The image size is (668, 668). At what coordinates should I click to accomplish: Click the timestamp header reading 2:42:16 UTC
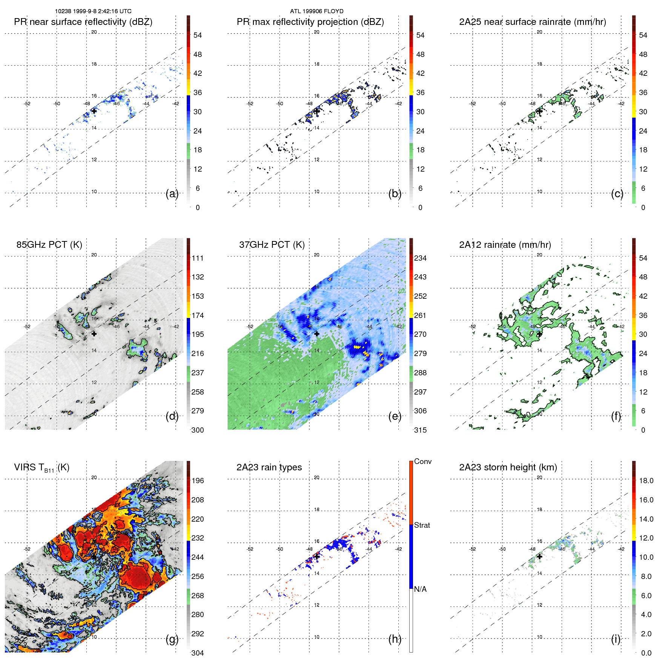tap(93, 11)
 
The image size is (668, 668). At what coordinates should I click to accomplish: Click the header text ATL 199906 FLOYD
tap(316, 11)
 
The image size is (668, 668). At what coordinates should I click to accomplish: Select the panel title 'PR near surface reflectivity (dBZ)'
tap(83, 22)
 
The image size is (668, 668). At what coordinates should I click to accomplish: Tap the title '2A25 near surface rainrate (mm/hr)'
tap(532, 22)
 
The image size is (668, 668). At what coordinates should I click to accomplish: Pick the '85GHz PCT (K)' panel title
tap(49, 245)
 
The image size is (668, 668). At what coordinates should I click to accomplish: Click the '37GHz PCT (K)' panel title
tap(272, 245)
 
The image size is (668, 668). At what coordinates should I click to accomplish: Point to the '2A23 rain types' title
tap(269, 467)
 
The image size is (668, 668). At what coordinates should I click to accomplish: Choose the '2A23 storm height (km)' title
tap(508, 467)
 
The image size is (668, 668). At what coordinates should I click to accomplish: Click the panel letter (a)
tap(172, 194)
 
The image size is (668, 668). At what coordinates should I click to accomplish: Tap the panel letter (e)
tap(395, 416)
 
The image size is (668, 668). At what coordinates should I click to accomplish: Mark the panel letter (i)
tap(616, 639)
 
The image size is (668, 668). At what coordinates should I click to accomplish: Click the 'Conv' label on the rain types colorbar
tap(422, 461)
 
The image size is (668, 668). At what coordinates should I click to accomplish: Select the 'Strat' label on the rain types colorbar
tap(422, 525)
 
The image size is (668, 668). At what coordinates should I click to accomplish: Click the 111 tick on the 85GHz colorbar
tap(198, 258)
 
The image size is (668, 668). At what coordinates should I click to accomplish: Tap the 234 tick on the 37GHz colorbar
tap(420, 258)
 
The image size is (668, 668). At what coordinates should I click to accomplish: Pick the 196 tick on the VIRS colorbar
tap(198, 481)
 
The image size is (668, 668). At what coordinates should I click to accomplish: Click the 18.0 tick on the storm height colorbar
tap(646, 481)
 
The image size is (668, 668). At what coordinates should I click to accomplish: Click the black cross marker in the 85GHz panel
tap(94, 334)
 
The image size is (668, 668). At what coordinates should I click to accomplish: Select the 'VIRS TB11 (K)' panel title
tap(41, 468)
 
